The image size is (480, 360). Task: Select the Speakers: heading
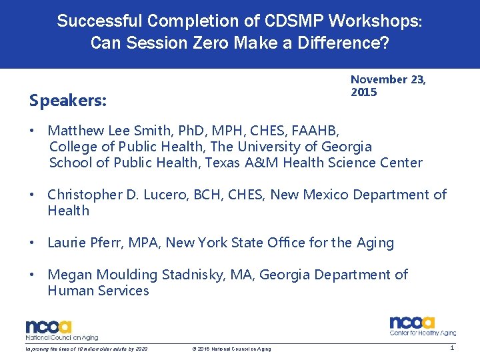68,100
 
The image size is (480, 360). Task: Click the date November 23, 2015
388,85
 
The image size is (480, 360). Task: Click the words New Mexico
333,195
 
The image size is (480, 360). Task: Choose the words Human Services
98,291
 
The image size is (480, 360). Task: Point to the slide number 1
452,348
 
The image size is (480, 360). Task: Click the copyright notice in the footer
231,349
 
